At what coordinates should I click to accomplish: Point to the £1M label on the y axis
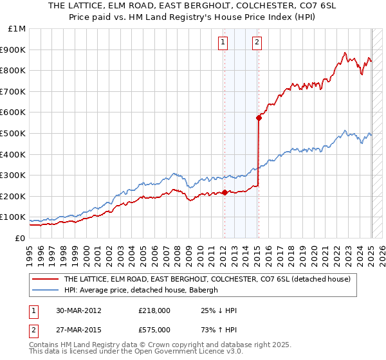click(17, 28)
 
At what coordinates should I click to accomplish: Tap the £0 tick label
click(21, 238)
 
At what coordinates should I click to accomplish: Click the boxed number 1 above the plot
click(223, 43)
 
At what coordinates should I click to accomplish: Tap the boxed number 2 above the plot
click(257, 43)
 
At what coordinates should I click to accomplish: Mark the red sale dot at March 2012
click(225, 192)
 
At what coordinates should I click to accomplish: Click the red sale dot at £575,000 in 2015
click(259, 118)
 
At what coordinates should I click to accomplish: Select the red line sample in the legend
click(46, 279)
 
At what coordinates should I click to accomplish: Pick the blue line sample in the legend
click(46, 290)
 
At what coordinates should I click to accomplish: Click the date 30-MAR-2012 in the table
click(79, 310)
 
